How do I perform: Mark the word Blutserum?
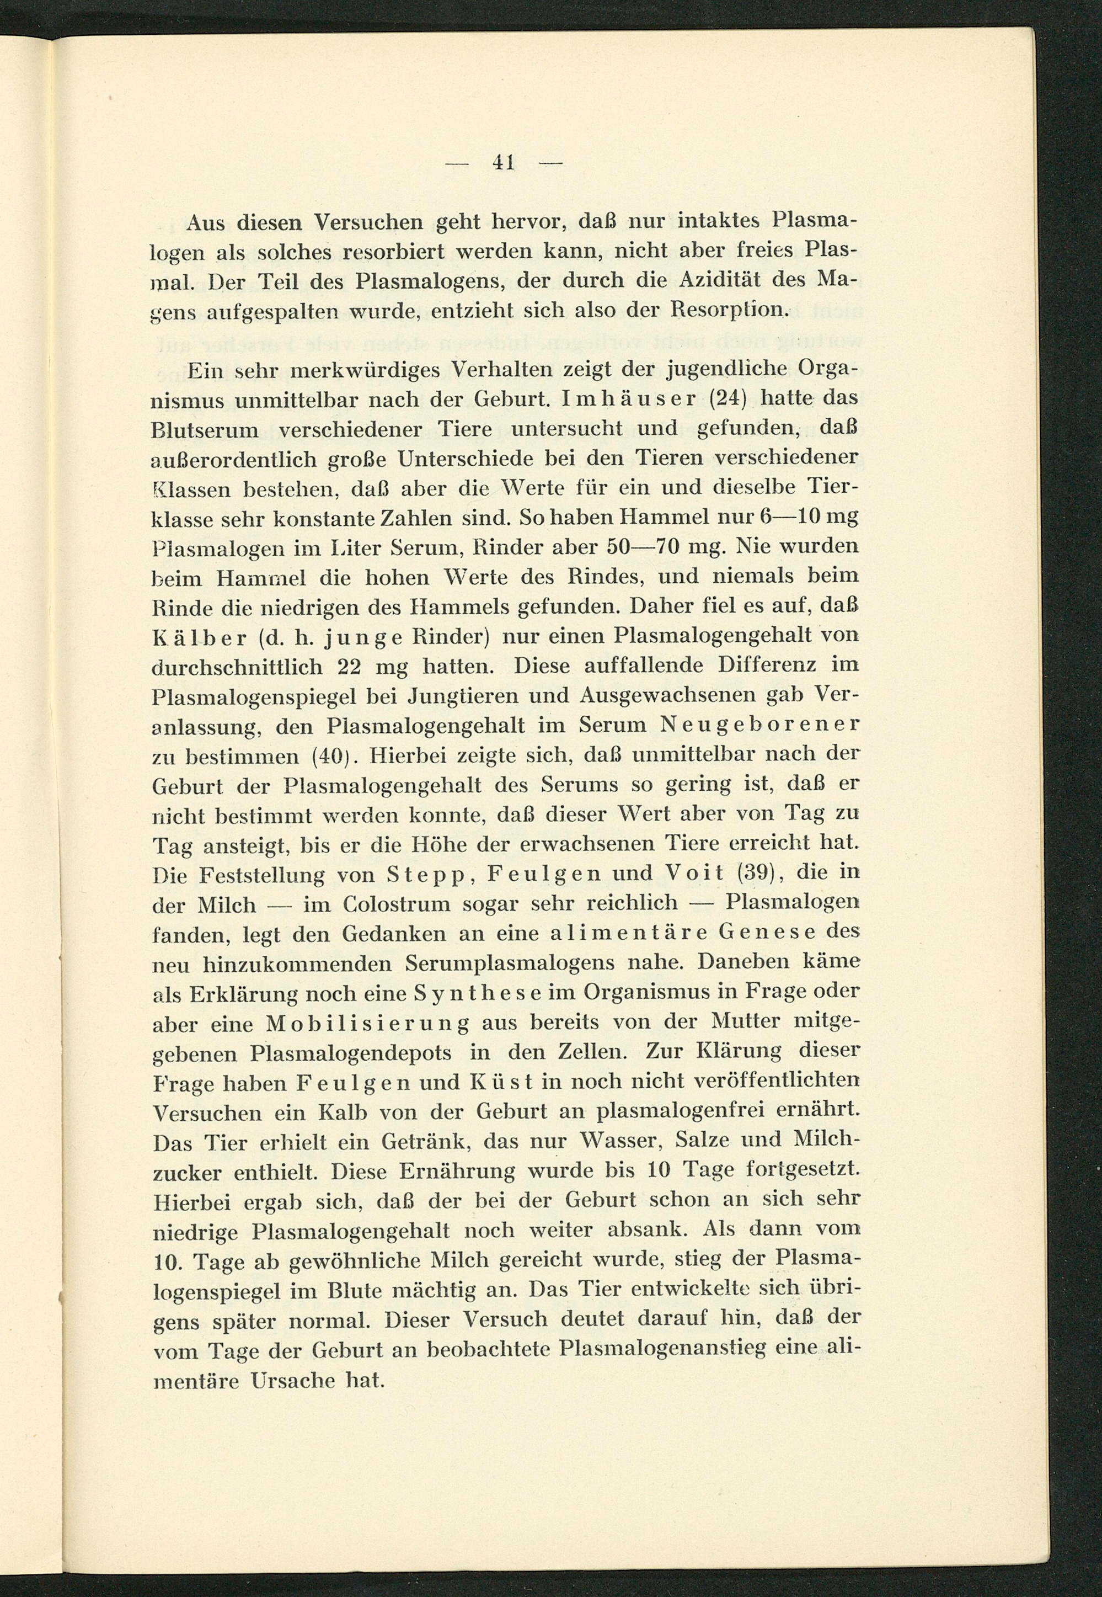205,430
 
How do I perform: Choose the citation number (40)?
330,755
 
